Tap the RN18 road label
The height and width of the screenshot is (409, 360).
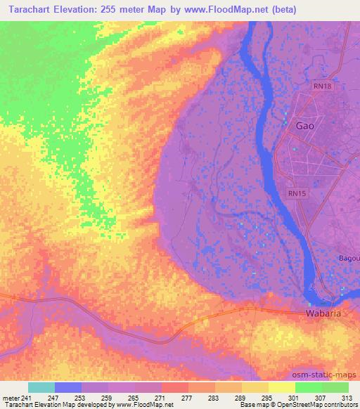323,84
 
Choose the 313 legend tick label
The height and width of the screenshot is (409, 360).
348,398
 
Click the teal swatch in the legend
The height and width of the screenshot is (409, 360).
41,387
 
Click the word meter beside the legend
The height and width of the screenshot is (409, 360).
10,398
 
